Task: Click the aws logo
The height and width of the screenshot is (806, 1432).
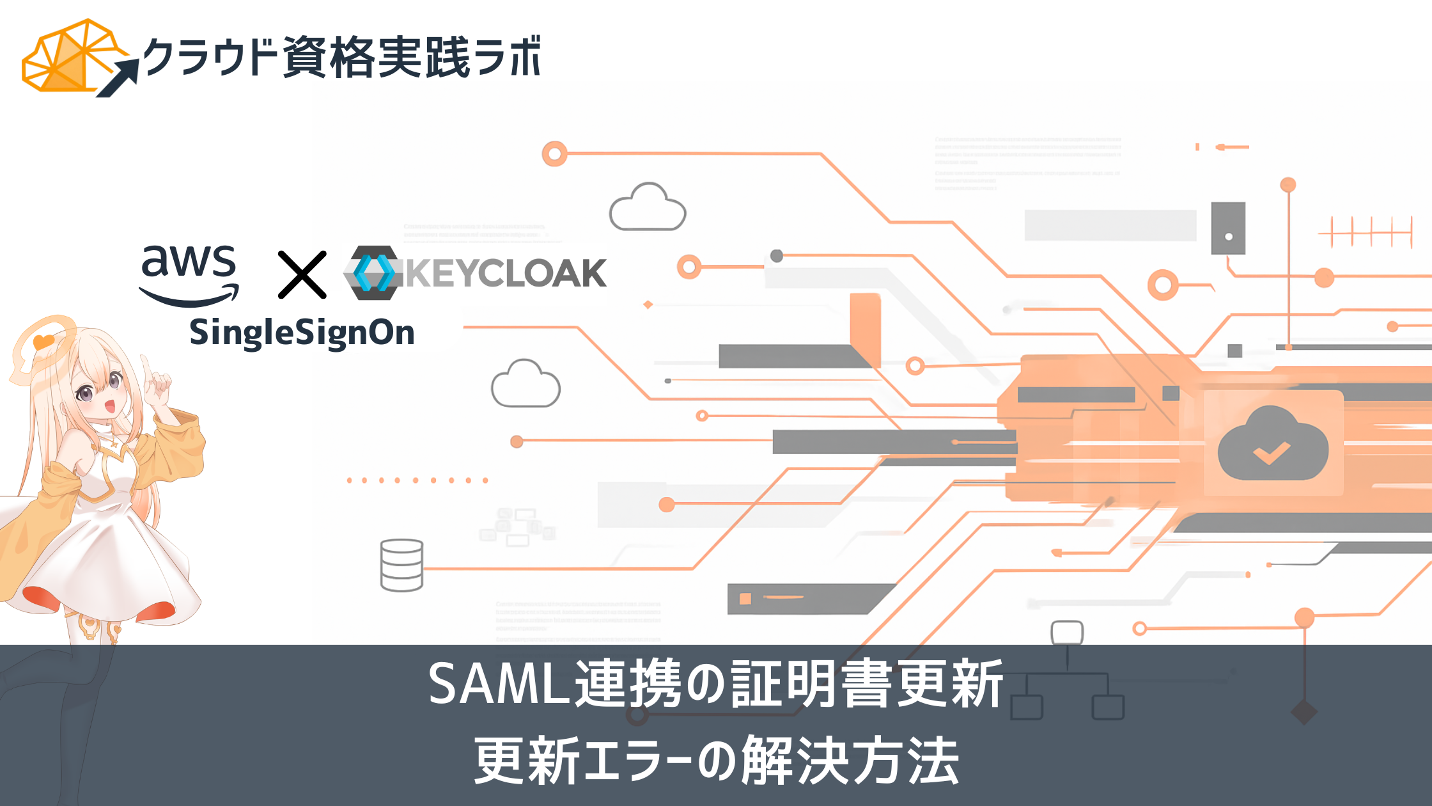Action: pos(189,274)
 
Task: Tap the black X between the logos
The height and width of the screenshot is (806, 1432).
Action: pos(302,274)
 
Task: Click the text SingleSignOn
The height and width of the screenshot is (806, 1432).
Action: pos(302,333)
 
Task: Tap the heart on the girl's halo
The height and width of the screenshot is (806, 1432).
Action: pos(43,342)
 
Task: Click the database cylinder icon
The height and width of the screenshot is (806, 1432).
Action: pos(401,565)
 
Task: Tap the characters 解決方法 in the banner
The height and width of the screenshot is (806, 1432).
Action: pos(850,761)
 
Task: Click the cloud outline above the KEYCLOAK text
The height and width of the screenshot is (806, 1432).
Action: pos(648,208)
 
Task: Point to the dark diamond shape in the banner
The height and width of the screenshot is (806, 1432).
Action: pos(1304,712)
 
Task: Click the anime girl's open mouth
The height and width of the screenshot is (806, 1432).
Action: pos(109,406)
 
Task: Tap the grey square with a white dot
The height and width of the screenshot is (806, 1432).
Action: pos(1228,228)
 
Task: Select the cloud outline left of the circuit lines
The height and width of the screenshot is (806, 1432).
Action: pos(525,384)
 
